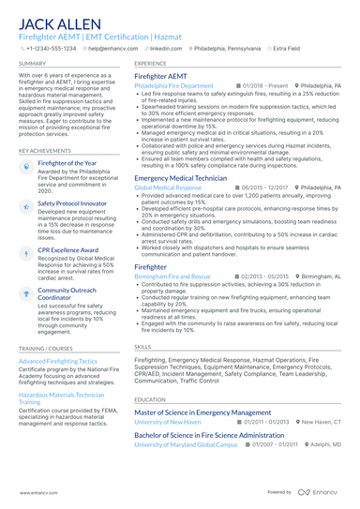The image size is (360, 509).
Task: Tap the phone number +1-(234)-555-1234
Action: (51, 47)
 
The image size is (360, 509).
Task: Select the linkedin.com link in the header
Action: (165, 47)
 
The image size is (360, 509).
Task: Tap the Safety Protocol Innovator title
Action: (73, 202)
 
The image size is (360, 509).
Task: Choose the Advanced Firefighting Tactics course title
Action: (57, 361)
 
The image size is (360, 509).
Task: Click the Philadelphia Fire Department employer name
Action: (173, 85)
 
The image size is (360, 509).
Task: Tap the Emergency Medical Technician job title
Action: (180, 177)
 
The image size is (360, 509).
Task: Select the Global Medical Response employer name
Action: (168, 187)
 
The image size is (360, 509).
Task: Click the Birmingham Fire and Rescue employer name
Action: (172, 277)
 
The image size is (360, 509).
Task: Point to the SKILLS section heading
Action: (142, 346)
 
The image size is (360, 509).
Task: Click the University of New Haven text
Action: (168, 422)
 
